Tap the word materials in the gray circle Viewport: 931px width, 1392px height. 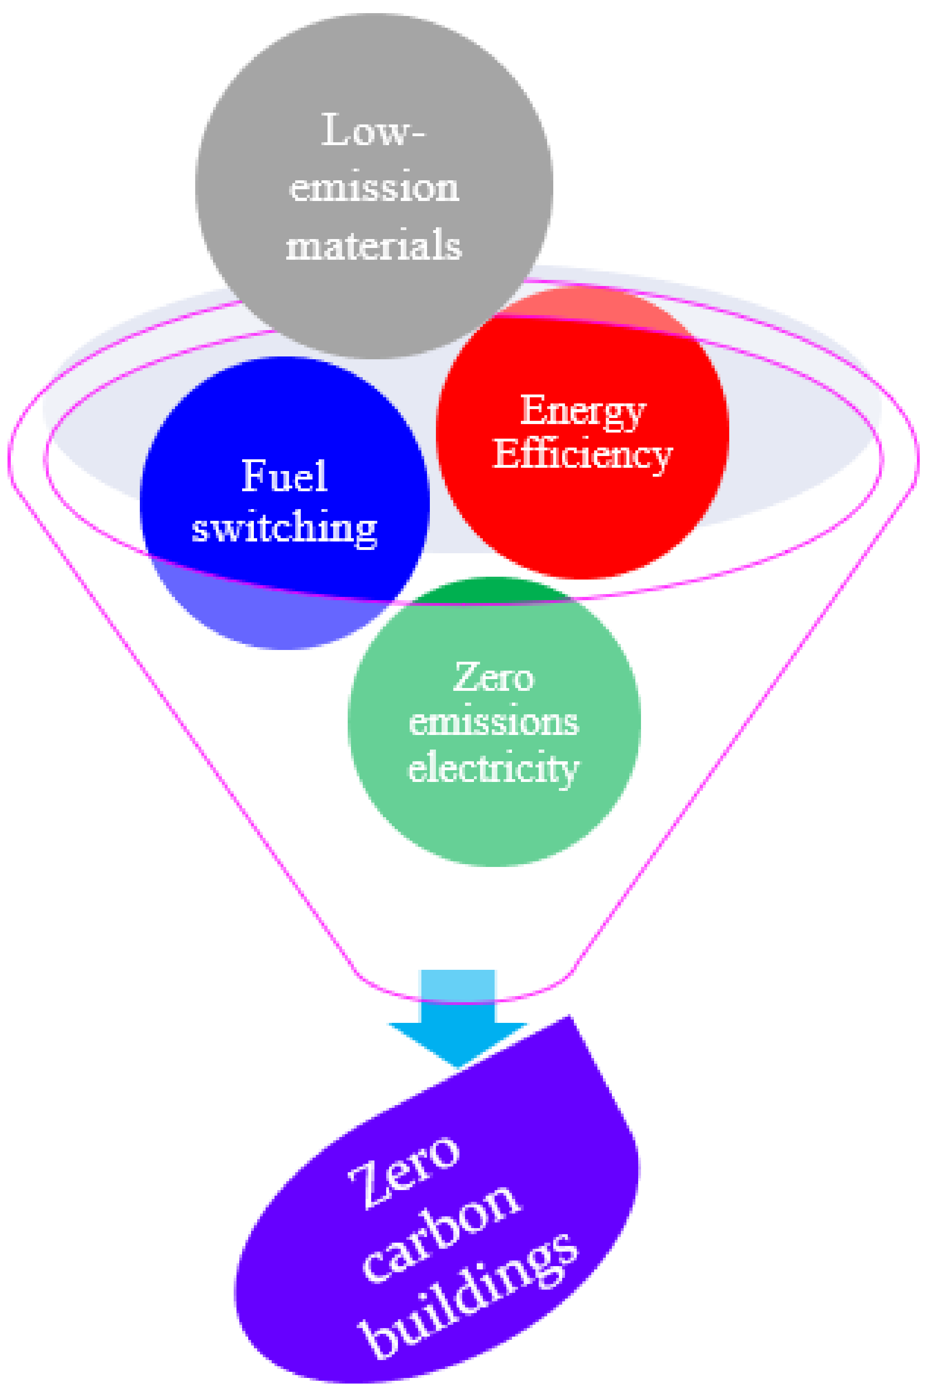point(374,245)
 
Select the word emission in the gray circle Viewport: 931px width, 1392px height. point(374,188)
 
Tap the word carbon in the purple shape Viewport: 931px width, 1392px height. point(443,1233)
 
